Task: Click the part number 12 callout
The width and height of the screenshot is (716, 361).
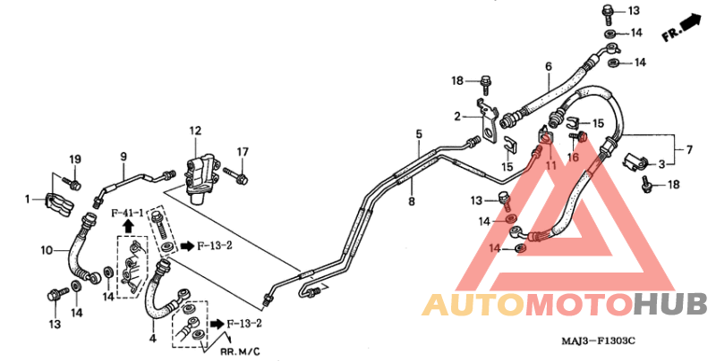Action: (x=195, y=131)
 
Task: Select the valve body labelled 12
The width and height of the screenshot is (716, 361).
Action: (x=200, y=179)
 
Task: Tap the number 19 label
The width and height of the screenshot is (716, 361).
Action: (x=75, y=159)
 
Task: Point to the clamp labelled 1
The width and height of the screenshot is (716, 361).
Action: (x=58, y=206)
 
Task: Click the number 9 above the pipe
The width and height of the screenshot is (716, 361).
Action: (x=124, y=156)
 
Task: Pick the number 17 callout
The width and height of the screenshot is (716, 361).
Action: (x=243, y=152)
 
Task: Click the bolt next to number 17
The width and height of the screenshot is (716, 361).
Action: (x=235, y=177)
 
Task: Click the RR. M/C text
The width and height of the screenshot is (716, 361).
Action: (x=240, y=351)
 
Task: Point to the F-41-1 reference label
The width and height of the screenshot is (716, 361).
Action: (x=128, y=213)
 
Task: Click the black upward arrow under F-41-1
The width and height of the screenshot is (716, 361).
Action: (x=128, y=225)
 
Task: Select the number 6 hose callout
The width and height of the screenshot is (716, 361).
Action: (x=549, y=66)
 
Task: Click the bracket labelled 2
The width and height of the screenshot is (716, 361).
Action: (x=487, y=122)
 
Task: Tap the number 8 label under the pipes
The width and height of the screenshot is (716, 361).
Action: (x=412, y=200)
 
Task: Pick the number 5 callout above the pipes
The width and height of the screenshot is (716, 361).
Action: (x=419, y=134)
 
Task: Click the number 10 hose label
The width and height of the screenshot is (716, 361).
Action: (x=47, y=250)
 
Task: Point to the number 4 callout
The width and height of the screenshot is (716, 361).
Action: (x=152, y=339)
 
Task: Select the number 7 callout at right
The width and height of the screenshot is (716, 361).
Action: (x=689, y=149)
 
